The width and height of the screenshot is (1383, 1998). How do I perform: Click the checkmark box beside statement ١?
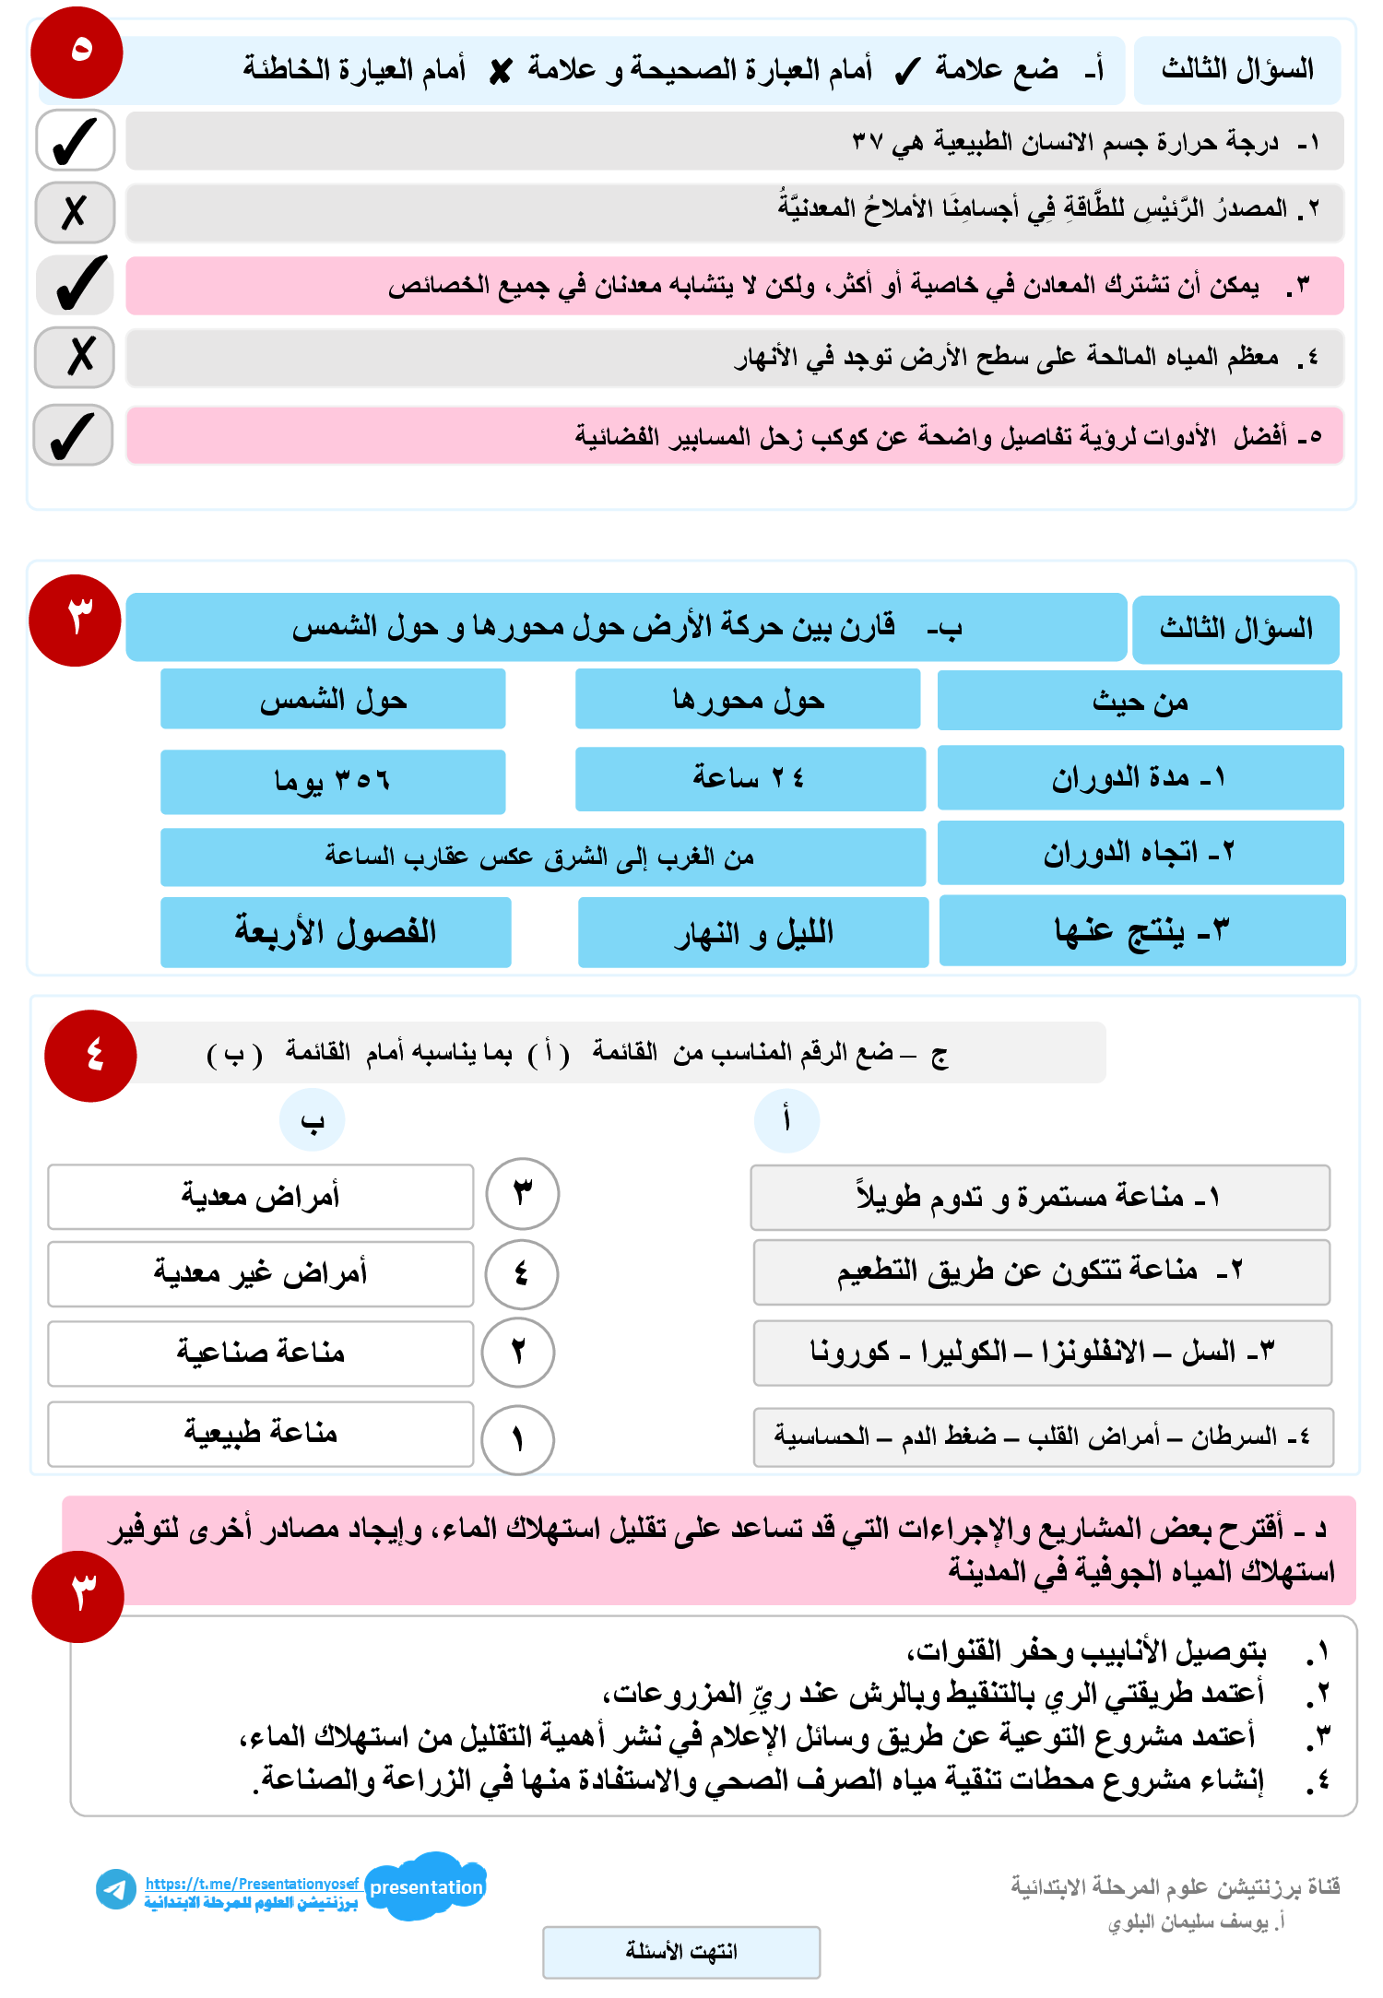pos(75,141)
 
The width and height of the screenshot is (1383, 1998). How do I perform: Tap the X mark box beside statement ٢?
pos(75,212)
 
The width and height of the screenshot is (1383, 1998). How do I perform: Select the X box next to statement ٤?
pos(75,357)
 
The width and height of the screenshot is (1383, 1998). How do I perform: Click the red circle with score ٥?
pos(77,53)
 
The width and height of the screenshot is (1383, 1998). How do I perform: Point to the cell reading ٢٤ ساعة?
pos(750,779)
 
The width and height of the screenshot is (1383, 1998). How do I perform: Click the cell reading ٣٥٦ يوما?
pos(333,782)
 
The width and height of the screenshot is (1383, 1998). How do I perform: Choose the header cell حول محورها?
pos(748,700)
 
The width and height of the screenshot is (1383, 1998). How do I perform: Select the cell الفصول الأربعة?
pos(336,932)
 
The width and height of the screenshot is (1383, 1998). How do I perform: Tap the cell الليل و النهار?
pos(752,933)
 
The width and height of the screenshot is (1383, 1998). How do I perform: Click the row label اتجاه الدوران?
pos(1140,854)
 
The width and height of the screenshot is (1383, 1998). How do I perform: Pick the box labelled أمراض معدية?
pos(260,1197)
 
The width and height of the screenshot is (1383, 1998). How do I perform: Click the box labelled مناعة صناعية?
pos(260,1353)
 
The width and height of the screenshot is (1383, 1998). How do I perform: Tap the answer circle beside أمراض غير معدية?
pos(521,1274)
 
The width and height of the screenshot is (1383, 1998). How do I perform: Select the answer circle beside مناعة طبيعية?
pos(517,1439)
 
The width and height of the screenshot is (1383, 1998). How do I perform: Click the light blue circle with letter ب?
pos(313,1120)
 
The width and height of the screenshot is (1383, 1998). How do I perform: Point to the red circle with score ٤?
pos(90,1056)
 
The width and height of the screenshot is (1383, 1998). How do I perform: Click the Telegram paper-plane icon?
pos(116,1889)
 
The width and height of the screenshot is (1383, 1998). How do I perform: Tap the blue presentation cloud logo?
pos(426,1886)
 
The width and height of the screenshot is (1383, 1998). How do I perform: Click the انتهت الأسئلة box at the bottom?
pos(681,1952)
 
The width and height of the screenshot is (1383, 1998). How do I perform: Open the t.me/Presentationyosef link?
pos(252,1884)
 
